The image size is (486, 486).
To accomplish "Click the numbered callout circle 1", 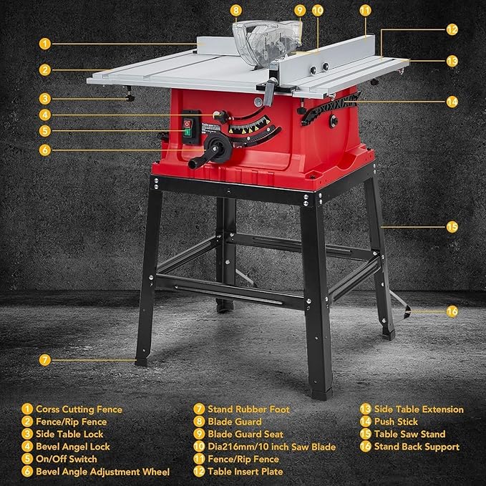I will coord(44,43).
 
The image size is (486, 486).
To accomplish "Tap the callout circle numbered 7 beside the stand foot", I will coord(44,359).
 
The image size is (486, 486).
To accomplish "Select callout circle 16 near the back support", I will coord(452,311).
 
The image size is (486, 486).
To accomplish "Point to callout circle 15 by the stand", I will coord(452,227).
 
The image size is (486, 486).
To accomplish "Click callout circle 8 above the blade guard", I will coord(236,11).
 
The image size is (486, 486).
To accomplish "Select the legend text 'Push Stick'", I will coord(398,422).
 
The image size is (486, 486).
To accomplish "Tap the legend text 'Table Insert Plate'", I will coord(248,472).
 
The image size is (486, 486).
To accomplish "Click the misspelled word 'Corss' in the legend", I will coord(49,409).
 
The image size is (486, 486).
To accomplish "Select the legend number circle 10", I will coord(198,447).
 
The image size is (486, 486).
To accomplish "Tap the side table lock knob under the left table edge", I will coord(129,98).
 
